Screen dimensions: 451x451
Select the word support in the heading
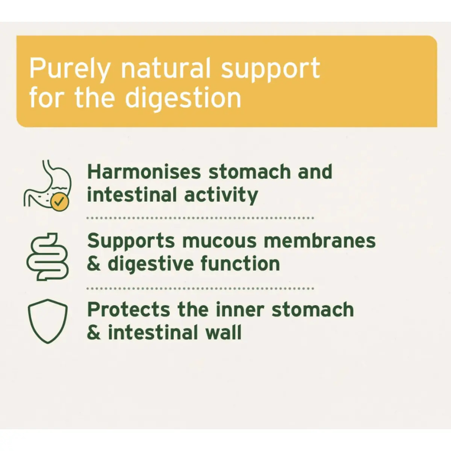[x=271, y=70]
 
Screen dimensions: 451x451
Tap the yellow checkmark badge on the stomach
[x=60, y=202]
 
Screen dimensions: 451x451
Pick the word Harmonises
[x=144, y=171]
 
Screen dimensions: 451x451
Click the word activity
[x=221, y=195]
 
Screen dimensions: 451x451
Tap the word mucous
[x=219, y=241]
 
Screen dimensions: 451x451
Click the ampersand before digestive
[x=94, y=264]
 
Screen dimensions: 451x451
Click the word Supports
[x=131, y=241]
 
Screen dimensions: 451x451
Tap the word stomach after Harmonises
[x=250, y=171]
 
